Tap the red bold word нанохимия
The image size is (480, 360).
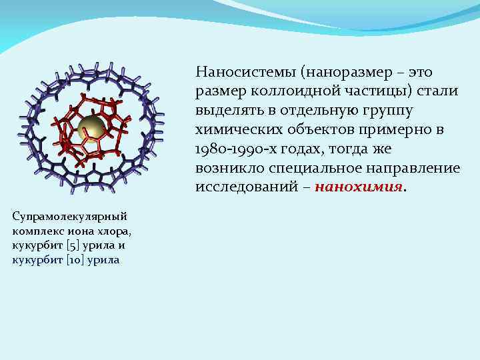coord(359,187)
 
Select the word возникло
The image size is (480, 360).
coord(225,167)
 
